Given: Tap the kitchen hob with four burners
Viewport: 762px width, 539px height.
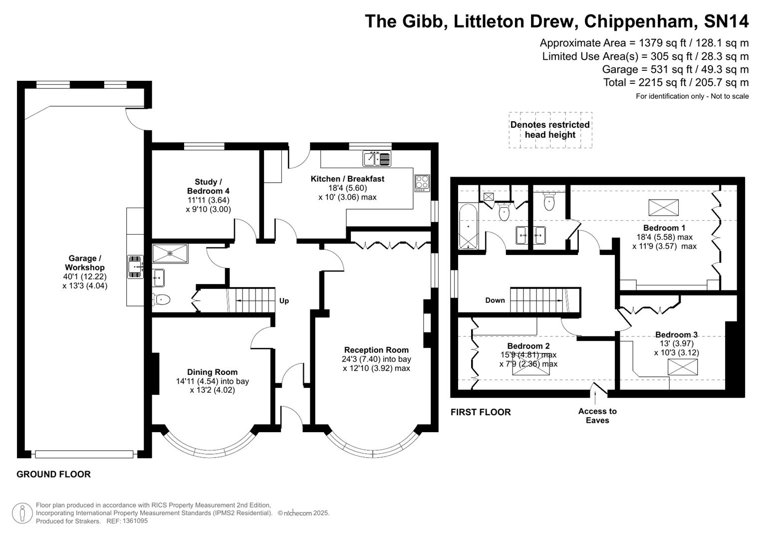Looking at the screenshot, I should coord(422,182).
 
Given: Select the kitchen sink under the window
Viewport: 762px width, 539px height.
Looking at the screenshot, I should coord(377,159).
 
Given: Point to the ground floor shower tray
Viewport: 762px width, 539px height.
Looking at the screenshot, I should coord(170,253).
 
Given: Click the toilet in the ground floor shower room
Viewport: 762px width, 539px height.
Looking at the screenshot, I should coord(161,299).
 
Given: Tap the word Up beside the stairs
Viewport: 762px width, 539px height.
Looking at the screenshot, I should coord(284,300).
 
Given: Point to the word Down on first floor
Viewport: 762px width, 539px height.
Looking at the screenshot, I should coord(495,300).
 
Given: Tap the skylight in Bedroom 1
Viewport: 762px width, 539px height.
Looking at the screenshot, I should coord(663,207).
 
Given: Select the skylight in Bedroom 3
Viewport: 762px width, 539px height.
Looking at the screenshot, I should coord(683,367).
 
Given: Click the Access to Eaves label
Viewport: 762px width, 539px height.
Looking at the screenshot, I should coord(597,415).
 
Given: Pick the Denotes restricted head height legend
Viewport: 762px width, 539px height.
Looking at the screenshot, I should coord(550,130).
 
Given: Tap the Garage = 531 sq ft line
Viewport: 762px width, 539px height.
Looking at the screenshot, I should coord(675,69).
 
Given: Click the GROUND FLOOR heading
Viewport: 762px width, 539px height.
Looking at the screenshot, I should coord(53,474).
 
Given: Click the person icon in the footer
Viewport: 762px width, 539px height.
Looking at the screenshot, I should coord(22,513).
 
